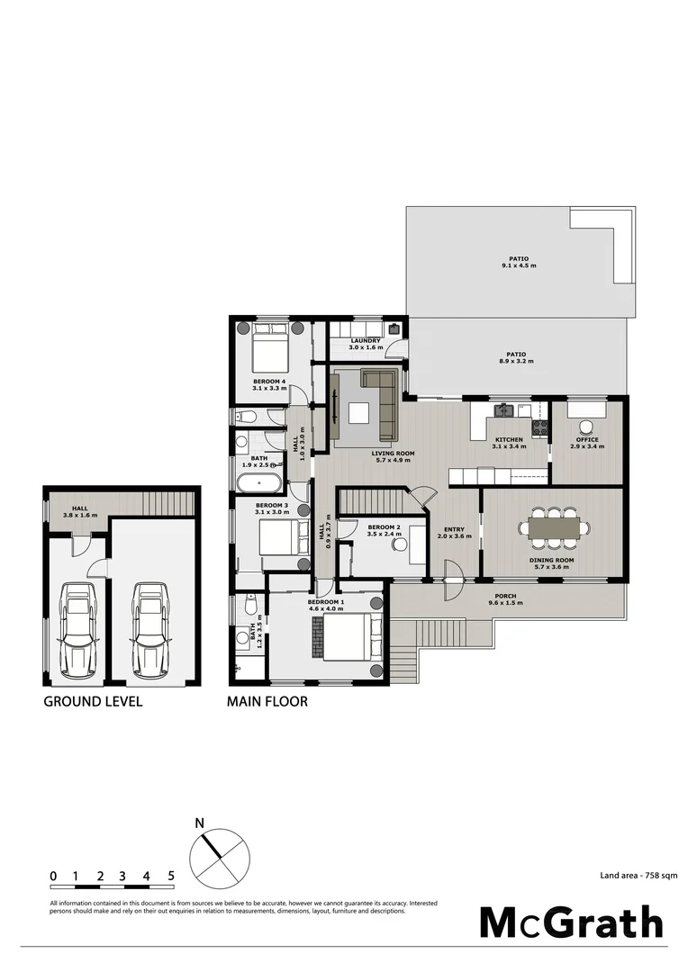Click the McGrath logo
coord(571,922)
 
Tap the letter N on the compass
coord(201,823)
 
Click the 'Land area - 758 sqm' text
coord(638,874)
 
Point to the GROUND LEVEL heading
coord(93,702)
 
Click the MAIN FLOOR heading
coord(267,702)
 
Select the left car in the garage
coord(78,630)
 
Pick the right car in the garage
coord(149,630)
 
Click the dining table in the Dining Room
coord(555,527)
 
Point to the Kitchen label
coord(508,440)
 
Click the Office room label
coord(587,440)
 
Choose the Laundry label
coord(366,341)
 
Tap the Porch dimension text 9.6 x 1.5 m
coord(505,603)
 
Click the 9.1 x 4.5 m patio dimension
coord(519,266)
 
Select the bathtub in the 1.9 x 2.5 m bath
coord(258,475)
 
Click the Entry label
coord(454,530)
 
